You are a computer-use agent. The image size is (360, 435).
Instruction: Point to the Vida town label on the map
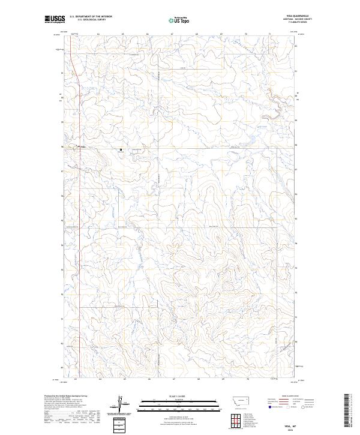[83, 146]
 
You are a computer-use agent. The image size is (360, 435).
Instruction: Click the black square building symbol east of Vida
[121, 149]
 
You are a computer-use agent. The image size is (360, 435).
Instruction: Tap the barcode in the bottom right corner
[348, 411]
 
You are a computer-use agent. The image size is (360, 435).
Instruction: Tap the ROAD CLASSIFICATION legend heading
[289, 397]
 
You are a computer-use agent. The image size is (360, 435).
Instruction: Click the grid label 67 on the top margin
[172, 34]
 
